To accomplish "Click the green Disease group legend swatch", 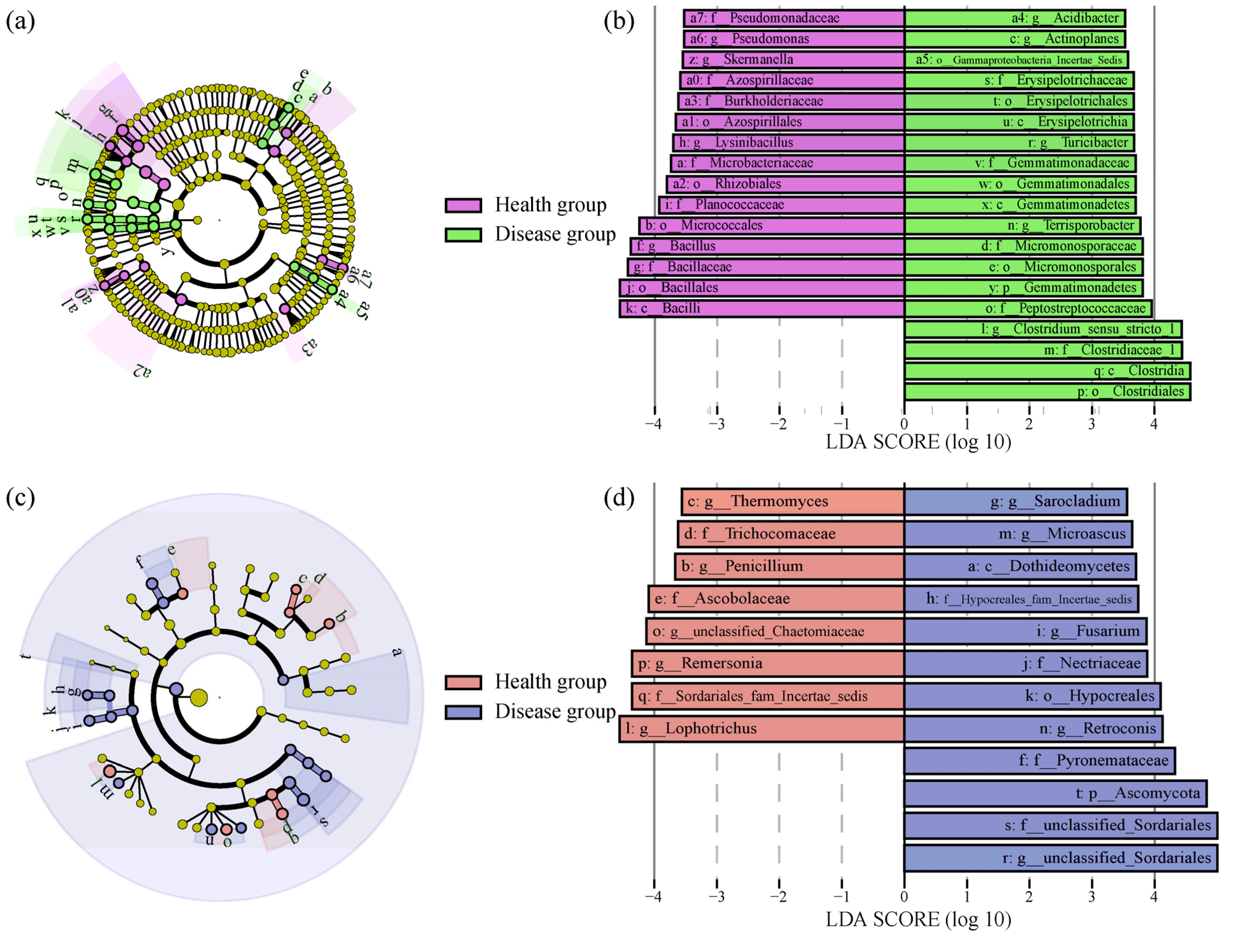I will (x=463, y=235).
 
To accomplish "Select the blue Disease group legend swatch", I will (x=463, y=712).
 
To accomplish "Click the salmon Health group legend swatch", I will (x=463, y=682).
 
